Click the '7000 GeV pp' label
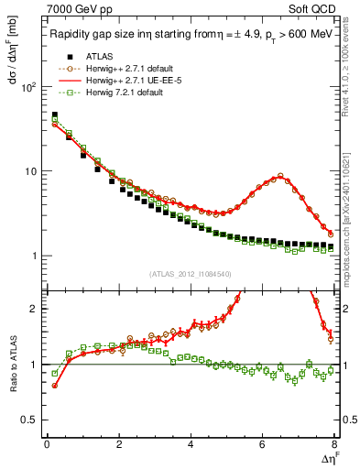point(75,8)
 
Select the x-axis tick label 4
point(191,445)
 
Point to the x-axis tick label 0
point(47,445)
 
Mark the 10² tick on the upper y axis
point(28,87)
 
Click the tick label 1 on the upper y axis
point(35,256)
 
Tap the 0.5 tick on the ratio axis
point(30,420)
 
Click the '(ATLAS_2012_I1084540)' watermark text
point(191,274)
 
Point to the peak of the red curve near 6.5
point(281,176)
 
